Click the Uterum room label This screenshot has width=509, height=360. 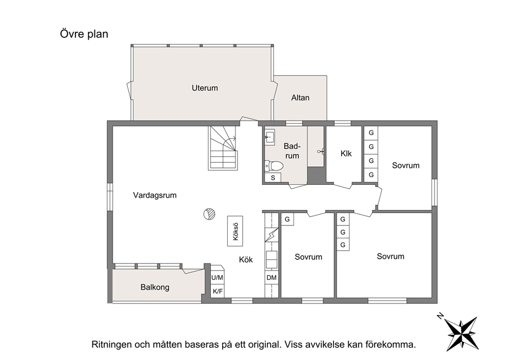(x=205, y=88)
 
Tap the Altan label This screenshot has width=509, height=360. (x=300, y=98)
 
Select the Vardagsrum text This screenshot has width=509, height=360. (x=155, y=195)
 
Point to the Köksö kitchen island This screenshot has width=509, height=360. (x=235, y=231)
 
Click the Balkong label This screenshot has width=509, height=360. (x=155, y=287)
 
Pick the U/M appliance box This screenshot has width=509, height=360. (x=217, y=277)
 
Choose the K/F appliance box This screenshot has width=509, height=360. (x=217, y=291)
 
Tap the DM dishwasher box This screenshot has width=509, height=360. (x=271, y=277)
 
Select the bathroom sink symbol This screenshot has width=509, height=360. (x=269, y=137)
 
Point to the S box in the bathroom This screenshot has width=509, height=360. (x=272, y=178)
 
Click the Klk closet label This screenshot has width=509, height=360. (x=346, y=154)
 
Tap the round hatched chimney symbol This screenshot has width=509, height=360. (x=209, y=214)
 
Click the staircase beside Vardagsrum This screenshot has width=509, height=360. (x=223, y=148)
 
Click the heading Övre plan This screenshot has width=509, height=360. (x=84, y=34)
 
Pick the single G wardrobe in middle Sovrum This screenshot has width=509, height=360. (x=287, y=219)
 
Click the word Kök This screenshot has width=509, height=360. (x=246, y=260)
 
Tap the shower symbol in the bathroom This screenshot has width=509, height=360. (x=321, y=151)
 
